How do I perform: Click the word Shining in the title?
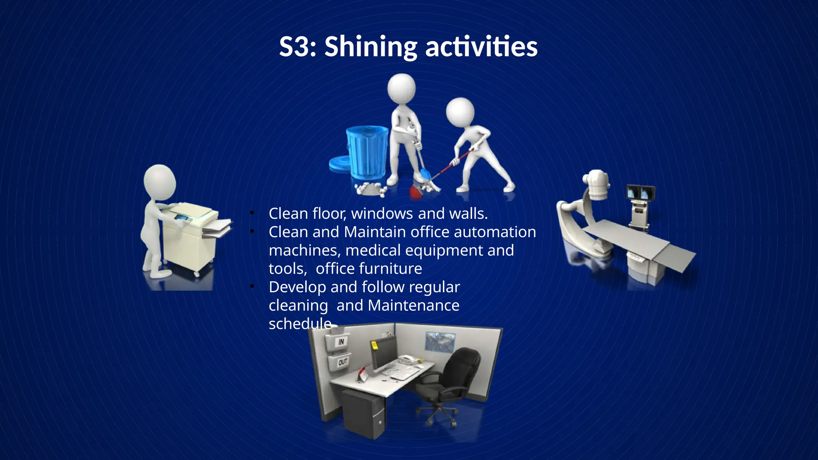370,47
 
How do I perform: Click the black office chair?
455,379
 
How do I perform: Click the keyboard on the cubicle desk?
405,374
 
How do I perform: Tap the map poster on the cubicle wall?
440,342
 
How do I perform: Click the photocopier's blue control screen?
182,218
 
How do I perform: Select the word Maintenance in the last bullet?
413,305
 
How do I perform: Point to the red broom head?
416,191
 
